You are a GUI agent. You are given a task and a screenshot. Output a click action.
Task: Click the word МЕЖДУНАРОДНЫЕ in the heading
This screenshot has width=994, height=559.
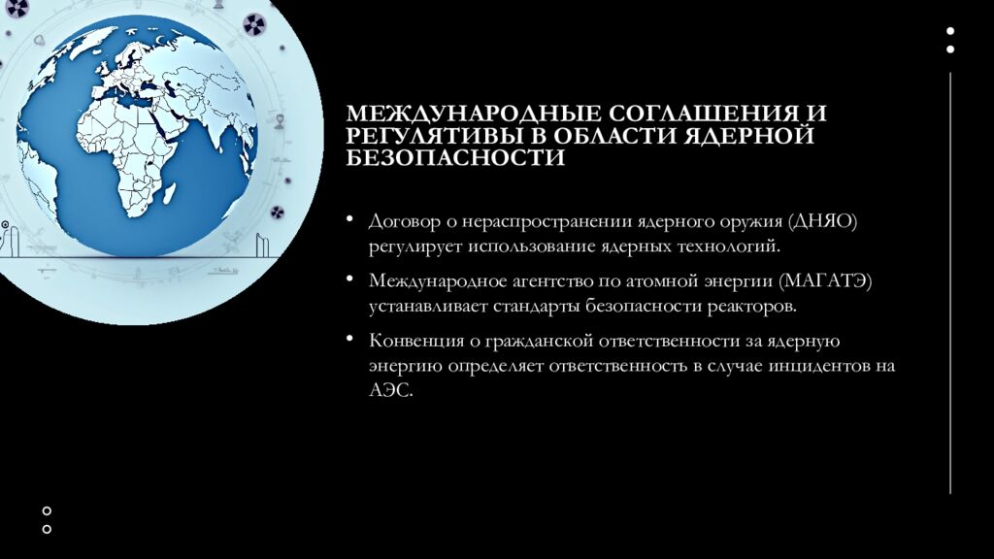point(474,114)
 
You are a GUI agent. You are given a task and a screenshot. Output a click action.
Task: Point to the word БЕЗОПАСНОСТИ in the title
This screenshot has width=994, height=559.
point(455,158)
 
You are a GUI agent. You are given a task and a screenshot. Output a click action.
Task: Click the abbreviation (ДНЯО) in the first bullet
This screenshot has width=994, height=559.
point(822,222)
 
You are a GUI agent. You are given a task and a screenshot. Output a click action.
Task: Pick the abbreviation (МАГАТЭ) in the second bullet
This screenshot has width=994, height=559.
point(825,280)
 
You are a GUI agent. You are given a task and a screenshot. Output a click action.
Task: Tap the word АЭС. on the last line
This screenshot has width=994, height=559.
point(391,390)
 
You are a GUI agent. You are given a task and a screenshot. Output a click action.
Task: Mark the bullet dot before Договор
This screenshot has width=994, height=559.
point(349,219)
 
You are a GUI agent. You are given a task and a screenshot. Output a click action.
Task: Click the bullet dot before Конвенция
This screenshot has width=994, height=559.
point(349,339)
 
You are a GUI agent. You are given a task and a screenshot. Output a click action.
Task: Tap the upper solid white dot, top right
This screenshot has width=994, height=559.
point(950,31)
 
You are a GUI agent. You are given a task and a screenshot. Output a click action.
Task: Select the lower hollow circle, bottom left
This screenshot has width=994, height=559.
point(47,529)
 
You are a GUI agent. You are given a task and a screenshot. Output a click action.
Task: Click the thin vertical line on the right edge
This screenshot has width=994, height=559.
point(950,283)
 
